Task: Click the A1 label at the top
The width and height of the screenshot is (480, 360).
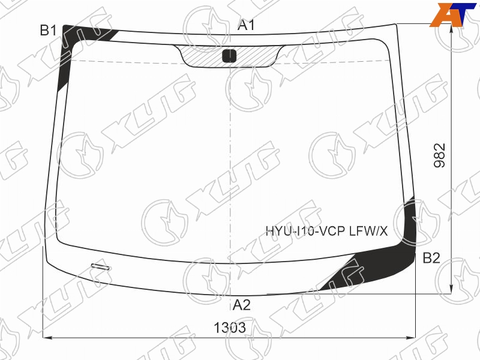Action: [x=246, y=25]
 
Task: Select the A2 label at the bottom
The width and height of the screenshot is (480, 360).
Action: [x=242, y=305]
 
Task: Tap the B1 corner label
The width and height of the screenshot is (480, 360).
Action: [x=49, y=31]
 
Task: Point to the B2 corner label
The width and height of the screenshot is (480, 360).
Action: [x=431, y=258]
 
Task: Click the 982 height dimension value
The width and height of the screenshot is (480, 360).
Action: [x=439, y=155]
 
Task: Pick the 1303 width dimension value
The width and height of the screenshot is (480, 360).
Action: [x=230, y=328]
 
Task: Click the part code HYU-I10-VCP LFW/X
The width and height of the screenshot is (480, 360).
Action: [x=326, y=231]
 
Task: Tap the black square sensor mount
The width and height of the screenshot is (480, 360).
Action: [x=229, y=56]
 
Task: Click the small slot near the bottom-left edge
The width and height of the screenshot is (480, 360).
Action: [x=100, y=266]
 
